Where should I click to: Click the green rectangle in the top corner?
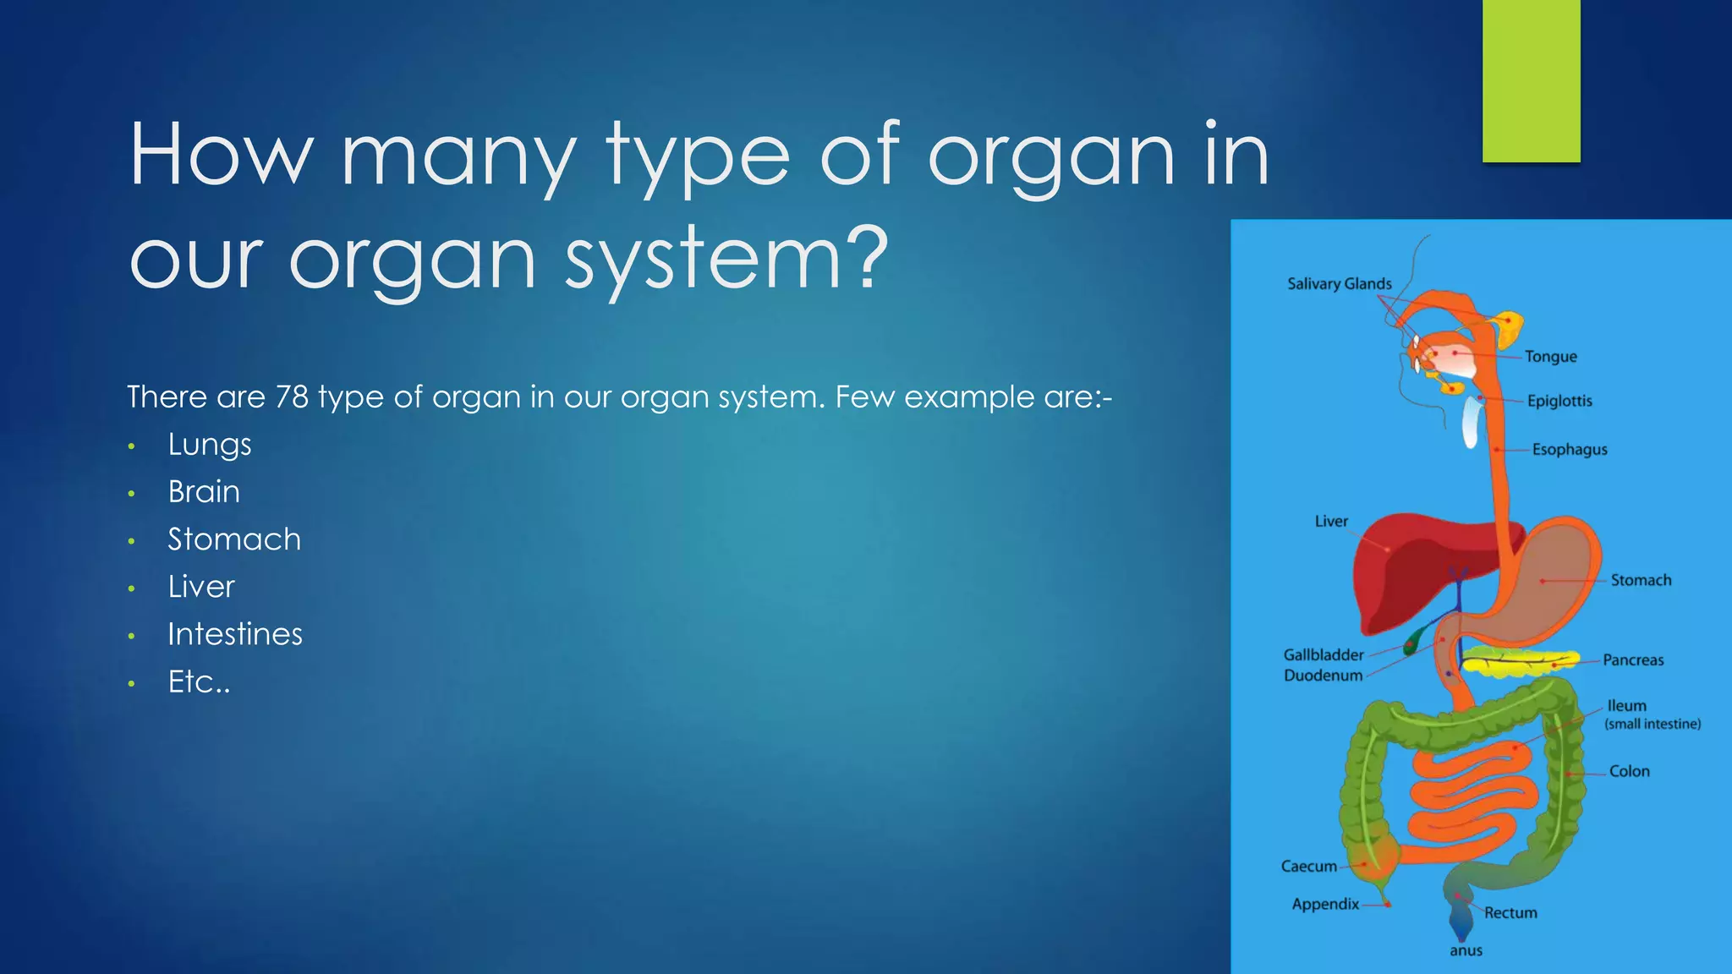click(x=1531, y=80)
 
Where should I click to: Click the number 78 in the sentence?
click(x=292, y=397)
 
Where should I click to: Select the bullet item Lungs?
click(x=209, y=445)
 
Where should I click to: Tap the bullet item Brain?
click(x=204, y=492)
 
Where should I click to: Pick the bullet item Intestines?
click(x=234, y=634)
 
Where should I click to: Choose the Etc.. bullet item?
click(x=199, y=681)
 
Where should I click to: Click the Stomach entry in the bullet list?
click(x=233, y=539)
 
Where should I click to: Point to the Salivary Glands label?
click(x=1339, y=284)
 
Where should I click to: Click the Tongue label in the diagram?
click(x=1550, y=357)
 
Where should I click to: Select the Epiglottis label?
click(x=1559, y=401)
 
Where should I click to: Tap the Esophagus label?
click(x=1569, y=450)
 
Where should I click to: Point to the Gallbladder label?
click(x=1323, y=655)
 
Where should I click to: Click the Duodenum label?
click(x=1323, y=676)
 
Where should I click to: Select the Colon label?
click(x=1629, y=771)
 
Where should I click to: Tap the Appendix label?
click(x=1325, y=904)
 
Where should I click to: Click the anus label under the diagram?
click(x=1466, y=950)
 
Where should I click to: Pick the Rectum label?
click(x=1510, y=913)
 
